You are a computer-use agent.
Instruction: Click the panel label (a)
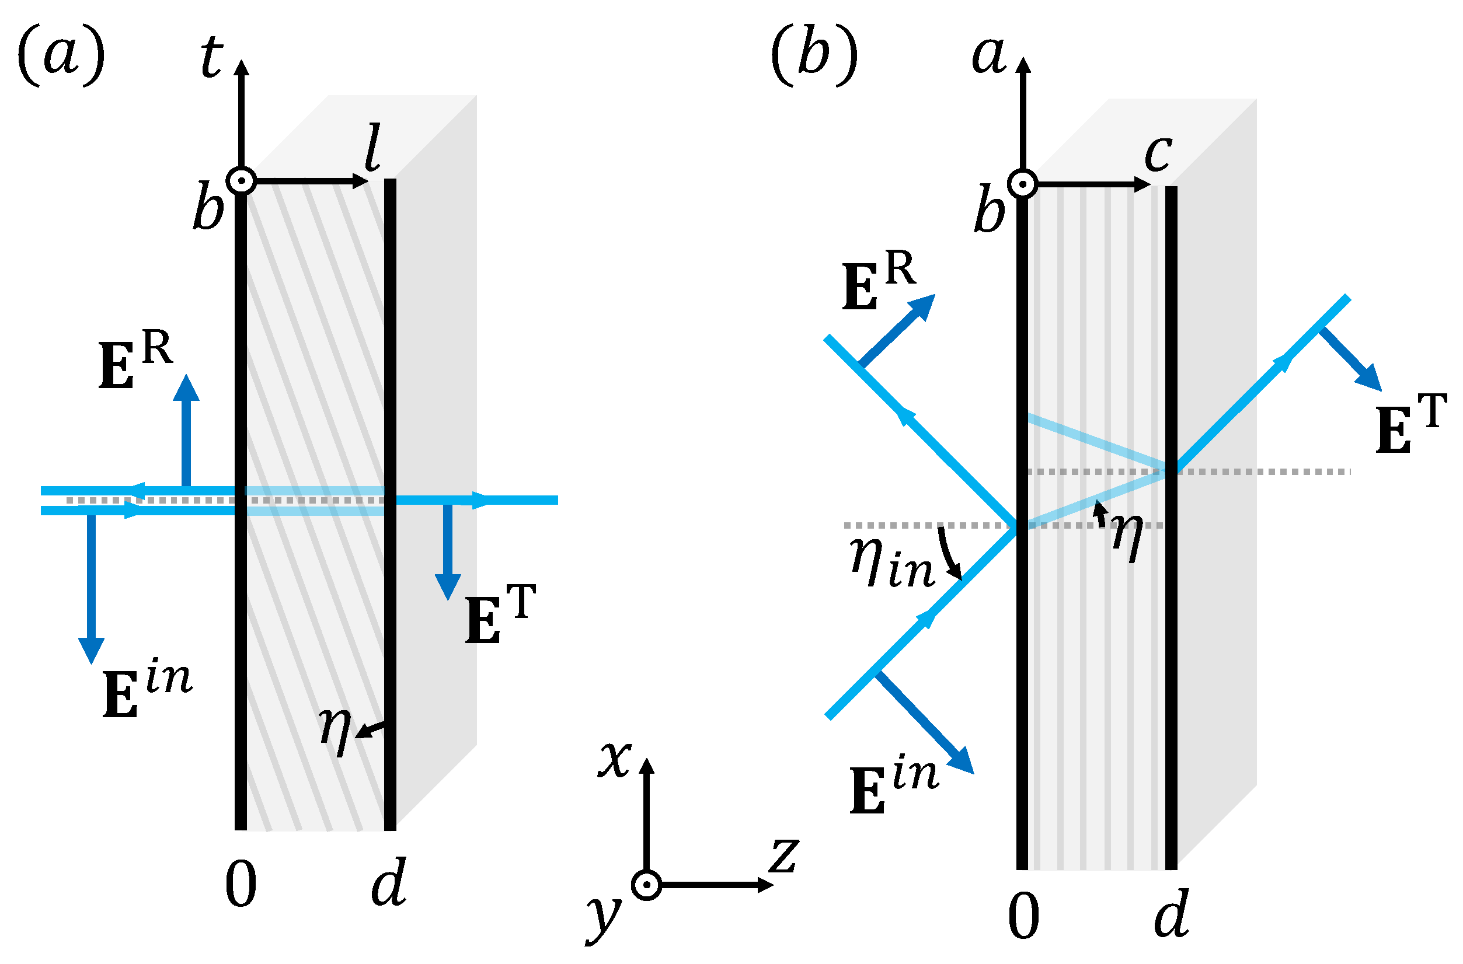pyautogui.click(x=61, y=57)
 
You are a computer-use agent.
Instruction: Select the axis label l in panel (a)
pyautogui.click(x=372, y=148)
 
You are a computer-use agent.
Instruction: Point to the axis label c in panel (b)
pyautogui.click(x=1158, y=153)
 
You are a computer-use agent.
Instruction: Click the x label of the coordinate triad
pyautogui.click(x=615, y=759)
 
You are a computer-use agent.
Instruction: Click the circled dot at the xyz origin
pyautogui.click(x=646, y=885)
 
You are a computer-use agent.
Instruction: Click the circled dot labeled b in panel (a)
pyautogui.click(x=241, y=181)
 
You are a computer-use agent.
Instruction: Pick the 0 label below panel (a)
pyautogui.click(x=241, y=885)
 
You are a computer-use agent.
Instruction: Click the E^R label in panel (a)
pyautogui.click(x=135, y=362)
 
